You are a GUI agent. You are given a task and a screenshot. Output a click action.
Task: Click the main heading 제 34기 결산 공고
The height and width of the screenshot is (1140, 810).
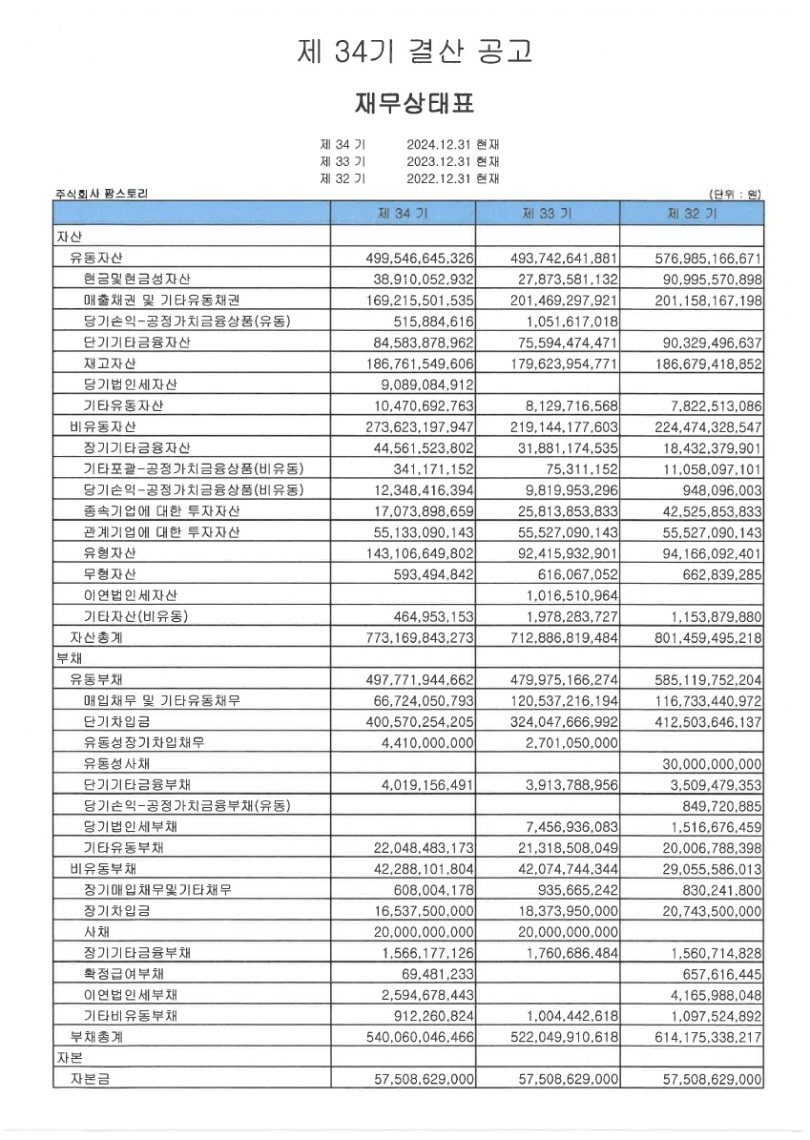(x=414, y=52)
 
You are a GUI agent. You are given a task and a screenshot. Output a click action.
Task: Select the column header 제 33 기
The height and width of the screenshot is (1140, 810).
(x=547, y=215)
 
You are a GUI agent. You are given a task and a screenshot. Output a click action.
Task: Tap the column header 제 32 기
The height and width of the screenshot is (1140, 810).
(x=692, y=215)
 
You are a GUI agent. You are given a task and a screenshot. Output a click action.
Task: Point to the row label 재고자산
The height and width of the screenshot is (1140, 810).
(x=109, y=363)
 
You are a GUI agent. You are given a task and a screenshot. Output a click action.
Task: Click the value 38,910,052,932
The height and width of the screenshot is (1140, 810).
(x=420, y=279)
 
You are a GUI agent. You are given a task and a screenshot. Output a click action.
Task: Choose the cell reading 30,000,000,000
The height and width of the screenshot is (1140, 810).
(x=712, y=763)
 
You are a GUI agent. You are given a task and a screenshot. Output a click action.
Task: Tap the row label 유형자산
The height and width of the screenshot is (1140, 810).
(x=109, y=552)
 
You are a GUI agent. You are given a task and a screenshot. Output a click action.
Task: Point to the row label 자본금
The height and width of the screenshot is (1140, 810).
(x=95, y=1078)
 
